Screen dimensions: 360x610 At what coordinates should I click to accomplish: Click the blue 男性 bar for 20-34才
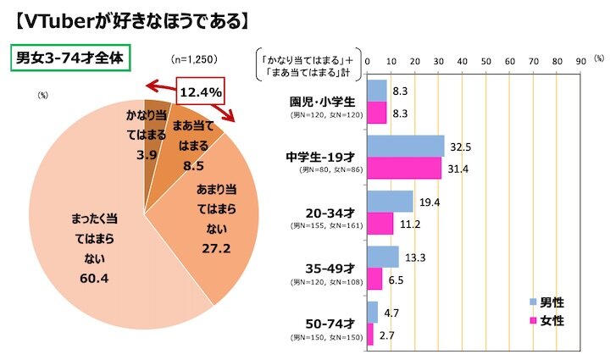(x=390, y=202)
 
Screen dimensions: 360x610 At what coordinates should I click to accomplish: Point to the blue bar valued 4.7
(x=372, y=312)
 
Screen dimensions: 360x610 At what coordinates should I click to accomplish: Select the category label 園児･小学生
(x=324, y=101)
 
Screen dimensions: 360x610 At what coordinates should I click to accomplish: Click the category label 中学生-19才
(x=324, y=157)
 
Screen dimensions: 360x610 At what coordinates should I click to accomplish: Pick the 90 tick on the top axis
(x=580, y=60)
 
